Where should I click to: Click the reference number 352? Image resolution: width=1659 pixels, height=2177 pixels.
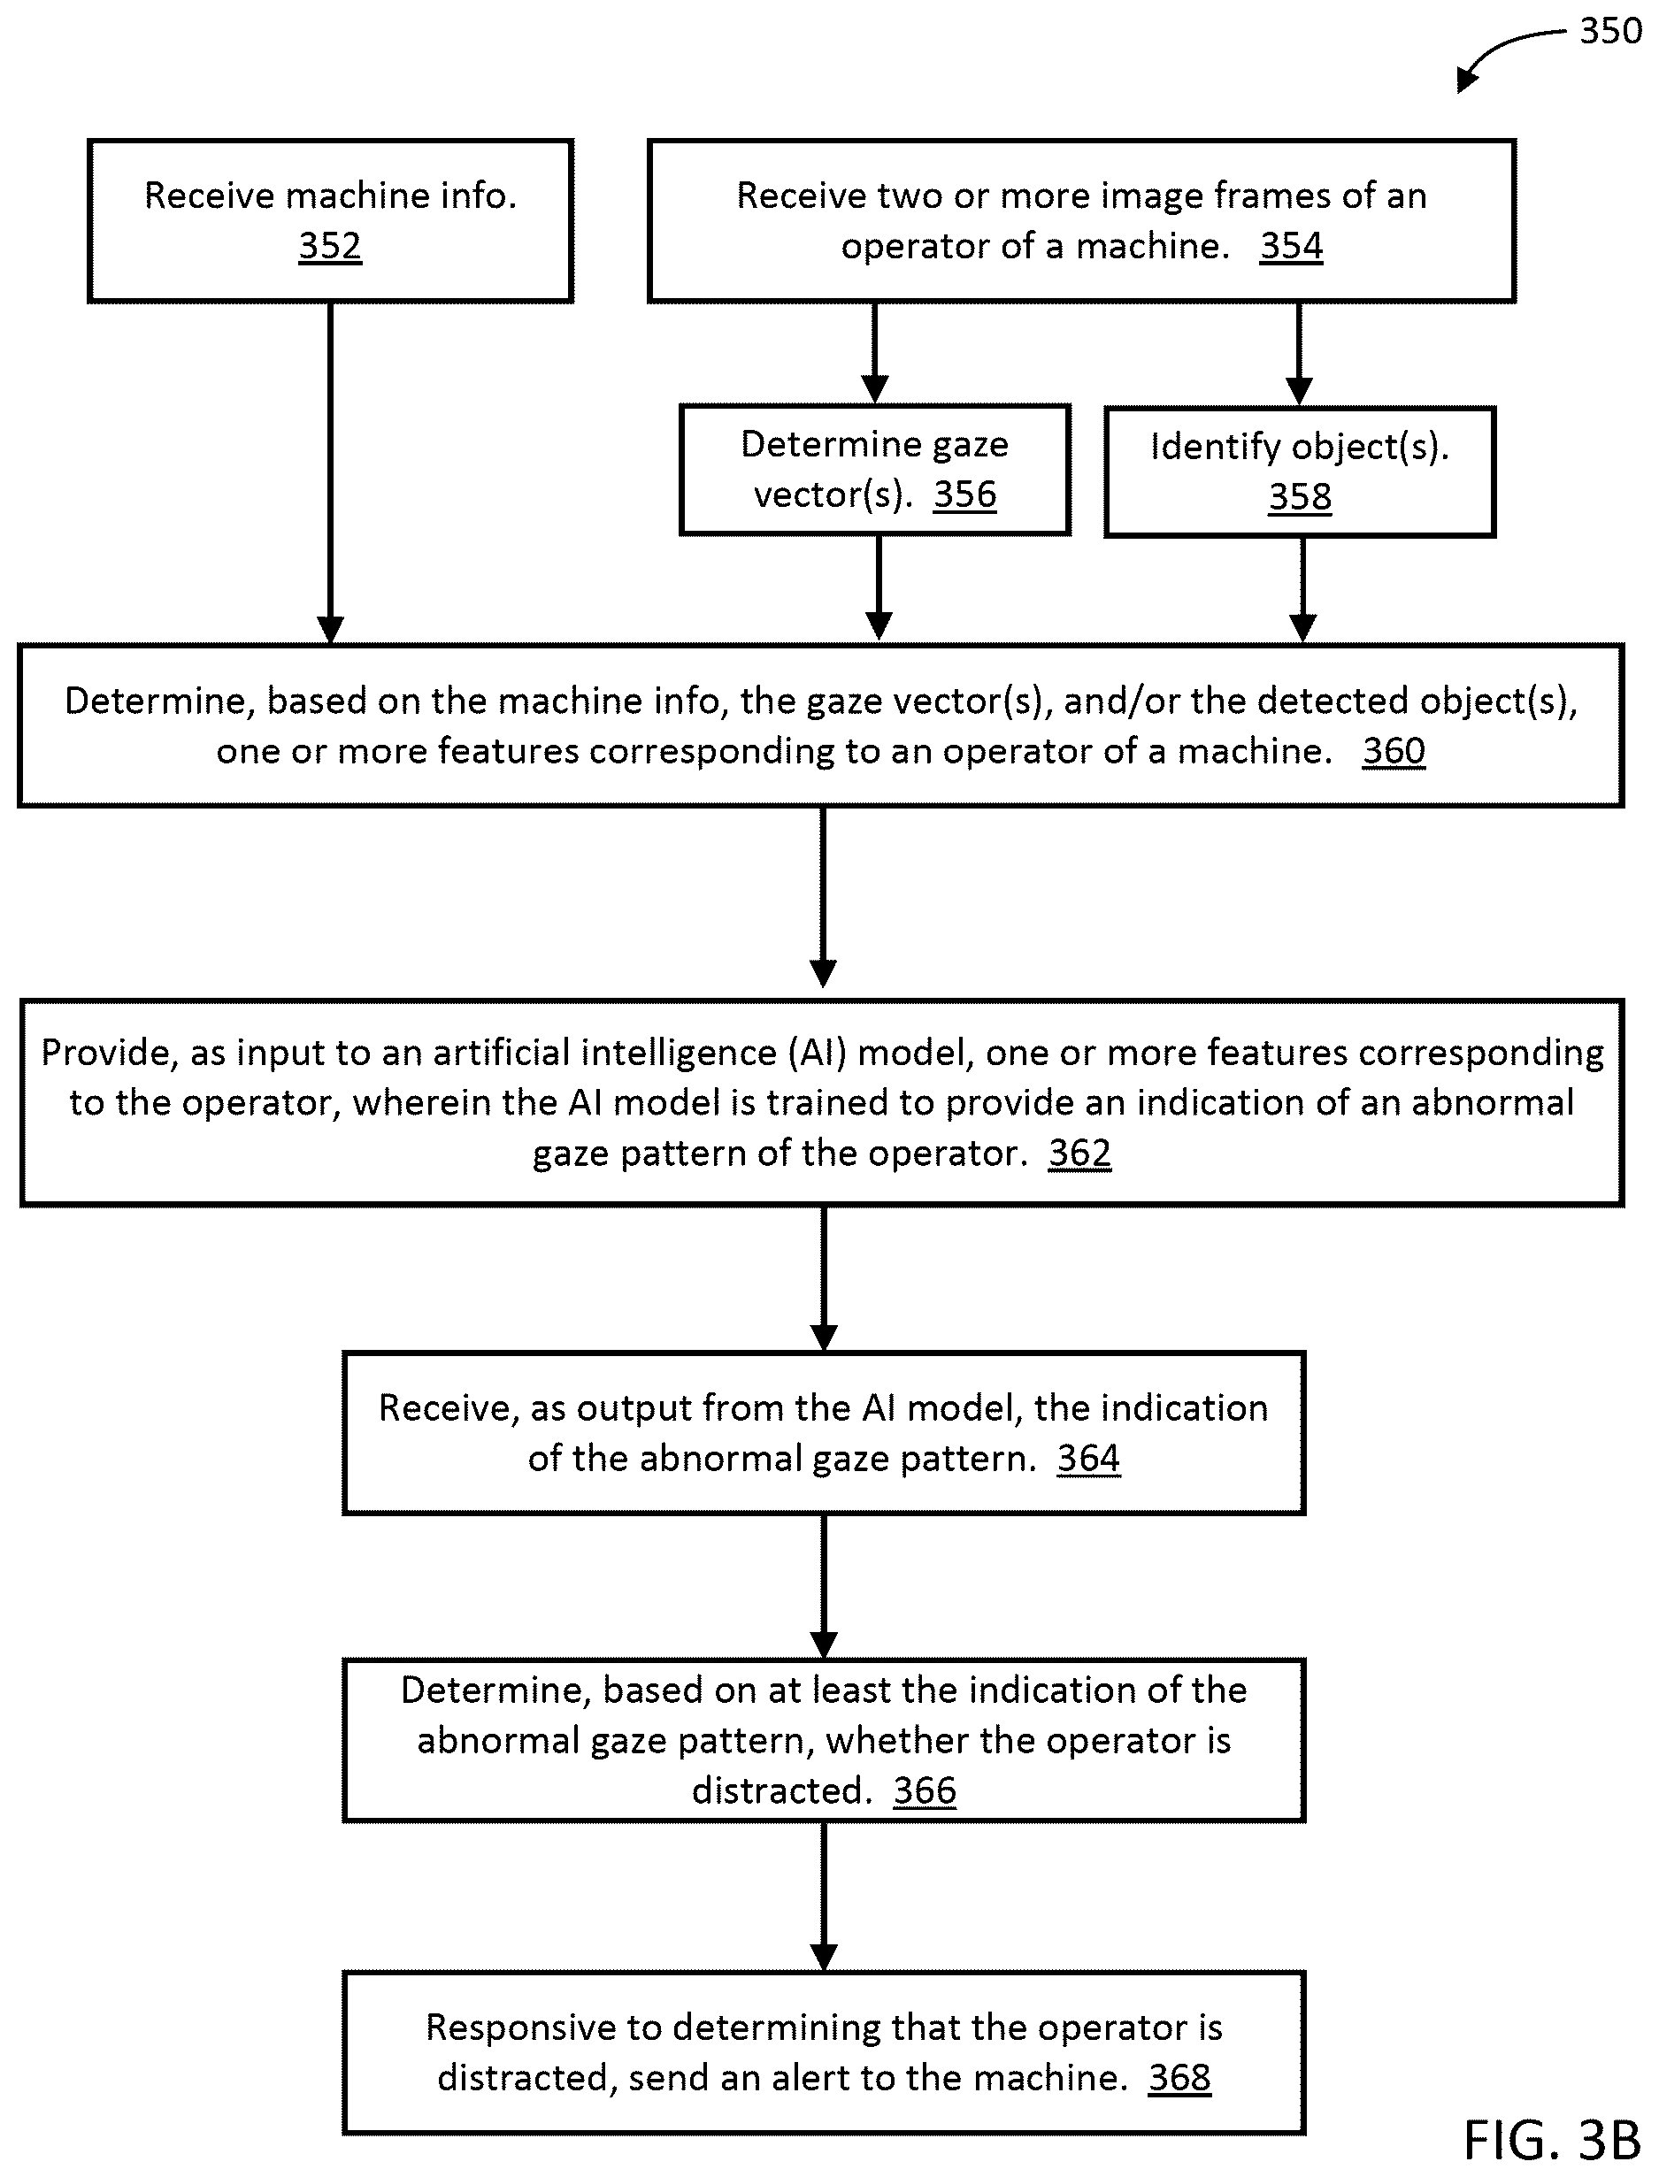(x=330, y=246)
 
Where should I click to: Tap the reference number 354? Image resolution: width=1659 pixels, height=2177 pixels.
(x=1292, y=246)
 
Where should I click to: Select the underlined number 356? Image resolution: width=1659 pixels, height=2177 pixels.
(x=964, y=494)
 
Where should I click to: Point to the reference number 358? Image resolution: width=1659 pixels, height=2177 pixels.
(x=1300, y=496)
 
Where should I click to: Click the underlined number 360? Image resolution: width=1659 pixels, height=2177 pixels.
(x=1394, y=751)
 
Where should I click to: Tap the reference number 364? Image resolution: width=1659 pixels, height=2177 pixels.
(x=1088, y=1458)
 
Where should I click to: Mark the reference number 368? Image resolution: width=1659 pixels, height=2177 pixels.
(x=1179, y=2077)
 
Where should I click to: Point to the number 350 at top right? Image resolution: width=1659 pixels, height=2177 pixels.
(x=1609, y=32)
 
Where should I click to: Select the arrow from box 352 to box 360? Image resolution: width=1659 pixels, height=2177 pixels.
(x=330, y=473)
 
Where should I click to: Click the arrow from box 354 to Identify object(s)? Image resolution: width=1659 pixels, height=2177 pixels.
(x=1299, y=355)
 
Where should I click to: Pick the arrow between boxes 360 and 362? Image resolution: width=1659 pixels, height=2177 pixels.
(x=823, y=896)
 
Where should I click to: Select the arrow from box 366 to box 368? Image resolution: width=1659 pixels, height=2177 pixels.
(x=824, y=1897)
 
